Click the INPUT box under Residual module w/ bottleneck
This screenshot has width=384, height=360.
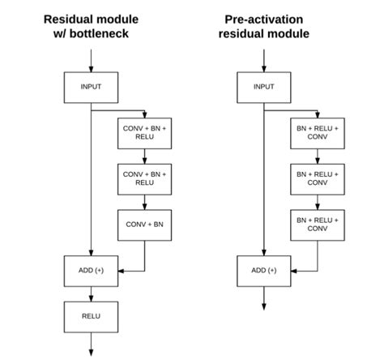coord(91,88)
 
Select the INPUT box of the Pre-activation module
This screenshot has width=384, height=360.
coord(264,88)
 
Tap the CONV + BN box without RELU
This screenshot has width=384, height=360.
coord(144,225)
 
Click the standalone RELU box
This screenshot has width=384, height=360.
coord(91,317)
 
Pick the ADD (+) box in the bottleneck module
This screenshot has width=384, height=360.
coord(91,271)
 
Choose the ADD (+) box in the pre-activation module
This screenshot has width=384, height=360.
coord(264,271)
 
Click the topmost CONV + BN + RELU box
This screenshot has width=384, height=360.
coord(144,133)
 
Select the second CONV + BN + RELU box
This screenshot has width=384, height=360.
coord(144,179)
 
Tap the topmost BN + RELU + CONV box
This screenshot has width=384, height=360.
coord(318,133)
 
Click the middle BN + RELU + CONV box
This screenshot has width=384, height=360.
coord(318,179)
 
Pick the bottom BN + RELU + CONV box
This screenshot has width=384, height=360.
coord(318,225)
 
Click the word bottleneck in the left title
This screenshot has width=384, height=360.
coord(99,34)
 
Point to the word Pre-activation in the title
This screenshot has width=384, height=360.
coord(264,19)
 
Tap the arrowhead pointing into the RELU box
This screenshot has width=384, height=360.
coord(91,298)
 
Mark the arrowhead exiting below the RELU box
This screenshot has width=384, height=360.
coord(91,353)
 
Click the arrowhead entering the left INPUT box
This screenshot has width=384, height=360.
coord(91,69)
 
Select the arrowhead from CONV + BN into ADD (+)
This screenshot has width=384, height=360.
coord(122,271)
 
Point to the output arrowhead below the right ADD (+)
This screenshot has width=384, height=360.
coord(264,306)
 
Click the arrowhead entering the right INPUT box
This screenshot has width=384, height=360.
coord(264,69)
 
